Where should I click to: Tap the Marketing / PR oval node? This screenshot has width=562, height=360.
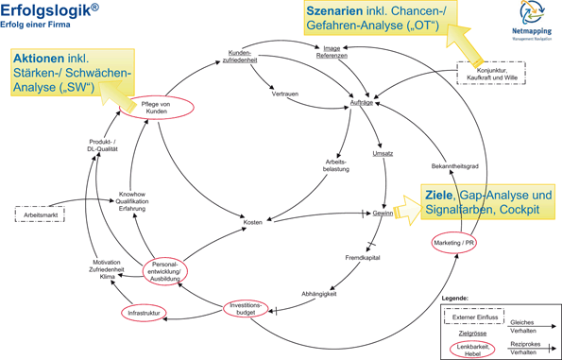pyautogui.click(x=453, y=243)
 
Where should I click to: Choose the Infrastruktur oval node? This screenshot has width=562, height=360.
pyautogui.click(x=145, y=312)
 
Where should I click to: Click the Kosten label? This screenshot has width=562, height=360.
pyautogui.click(x=252, y=222)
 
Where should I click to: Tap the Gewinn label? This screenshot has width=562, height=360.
pyautogui.click(x=383, y=214)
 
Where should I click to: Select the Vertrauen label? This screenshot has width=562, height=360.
pyautogui.click(x=285, y=94)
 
